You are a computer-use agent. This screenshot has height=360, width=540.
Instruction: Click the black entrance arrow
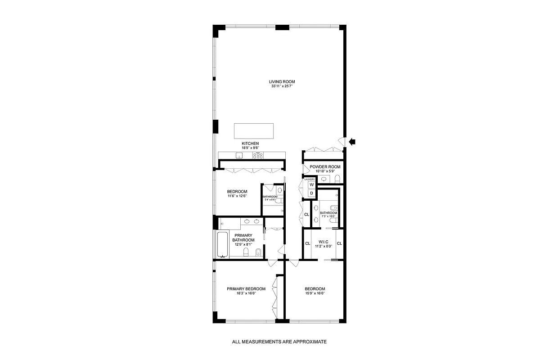pyautogui.click(x=352, y=142)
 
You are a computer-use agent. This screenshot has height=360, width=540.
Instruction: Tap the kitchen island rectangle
pyautogui.click(x=253, y=130)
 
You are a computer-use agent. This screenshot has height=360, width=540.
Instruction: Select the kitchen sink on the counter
pyautogui.click(x=239, y=156)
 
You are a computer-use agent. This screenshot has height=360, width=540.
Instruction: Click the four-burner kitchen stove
pyautogui.click(x=258, y=156)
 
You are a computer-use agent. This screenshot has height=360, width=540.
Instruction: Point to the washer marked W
pyautogui.click(x=311, y=184)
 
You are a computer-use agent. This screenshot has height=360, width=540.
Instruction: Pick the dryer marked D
pyautogui.click(x=311, y=193)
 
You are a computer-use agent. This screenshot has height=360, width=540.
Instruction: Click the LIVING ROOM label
pyautogui.click(x=282, y=82)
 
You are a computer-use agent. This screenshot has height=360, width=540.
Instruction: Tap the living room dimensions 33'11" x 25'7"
pyautogui.click(x=282, y=86)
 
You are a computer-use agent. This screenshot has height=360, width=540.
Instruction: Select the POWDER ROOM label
pyautogui.click(x=325, y=167)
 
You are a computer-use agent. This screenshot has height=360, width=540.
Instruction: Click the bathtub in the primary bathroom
pyautogui.click(x=223, y=245)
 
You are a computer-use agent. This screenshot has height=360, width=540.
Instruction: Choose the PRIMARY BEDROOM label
pyautogui.click(x=246, y=289)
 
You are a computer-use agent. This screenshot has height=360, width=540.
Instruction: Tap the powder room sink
pyautogui.click(x=324, y=179)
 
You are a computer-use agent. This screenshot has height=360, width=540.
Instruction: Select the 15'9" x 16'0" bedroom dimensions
pyautogui.click(x=315, y=293)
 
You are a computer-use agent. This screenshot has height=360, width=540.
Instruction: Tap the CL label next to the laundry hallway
pyautogui.click(x=306, y=214)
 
